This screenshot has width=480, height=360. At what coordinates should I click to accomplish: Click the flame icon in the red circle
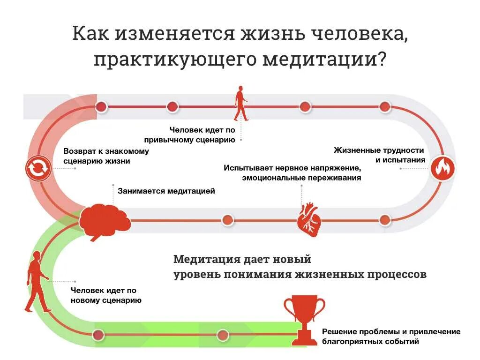click(442, 168)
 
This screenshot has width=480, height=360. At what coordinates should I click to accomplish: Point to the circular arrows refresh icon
click(38, 168)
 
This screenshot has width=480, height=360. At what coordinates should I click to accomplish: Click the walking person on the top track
click(241, 104)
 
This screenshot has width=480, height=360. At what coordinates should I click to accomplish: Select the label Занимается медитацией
click(166, 191)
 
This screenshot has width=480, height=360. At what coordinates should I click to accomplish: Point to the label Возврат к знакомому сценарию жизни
click(106, 156)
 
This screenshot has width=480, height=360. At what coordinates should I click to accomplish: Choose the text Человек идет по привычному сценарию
click(202, 135)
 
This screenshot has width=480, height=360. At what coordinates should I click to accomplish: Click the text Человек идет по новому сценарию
click(106, 295)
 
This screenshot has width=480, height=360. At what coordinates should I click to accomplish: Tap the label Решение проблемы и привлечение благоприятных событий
click(391, 337)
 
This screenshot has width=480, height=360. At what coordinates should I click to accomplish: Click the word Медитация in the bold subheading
click(207, 259)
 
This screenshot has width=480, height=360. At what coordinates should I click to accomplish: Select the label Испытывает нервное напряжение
click(292, 168)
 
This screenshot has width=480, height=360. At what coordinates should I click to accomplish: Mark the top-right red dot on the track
click(385, 107)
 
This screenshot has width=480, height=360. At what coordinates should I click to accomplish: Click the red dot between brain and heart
click(227, 220)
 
